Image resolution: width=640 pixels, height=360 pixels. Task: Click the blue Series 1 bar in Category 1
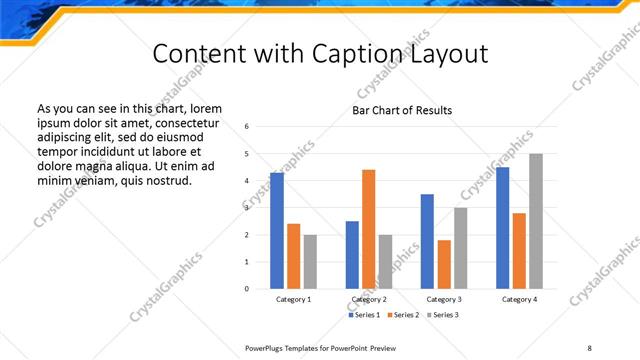[277, 231]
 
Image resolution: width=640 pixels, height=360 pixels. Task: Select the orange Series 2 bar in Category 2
[369, 229]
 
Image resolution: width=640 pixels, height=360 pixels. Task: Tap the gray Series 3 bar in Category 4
[536, 221]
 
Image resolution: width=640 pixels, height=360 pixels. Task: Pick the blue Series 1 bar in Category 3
[427, 241]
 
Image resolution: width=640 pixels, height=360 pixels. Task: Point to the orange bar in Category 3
[444, 264]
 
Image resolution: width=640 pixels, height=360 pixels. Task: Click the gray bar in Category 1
[310, 262]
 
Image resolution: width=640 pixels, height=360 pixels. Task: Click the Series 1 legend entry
[365, 315]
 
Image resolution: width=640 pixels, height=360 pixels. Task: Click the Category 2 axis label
[369, 299]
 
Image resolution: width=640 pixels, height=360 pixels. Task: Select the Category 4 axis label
[519, 299]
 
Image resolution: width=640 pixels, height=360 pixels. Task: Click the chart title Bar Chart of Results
[402, 110]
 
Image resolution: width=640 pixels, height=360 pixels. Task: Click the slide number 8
[588, 347]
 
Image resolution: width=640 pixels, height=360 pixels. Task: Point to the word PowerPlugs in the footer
[265, 347]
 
